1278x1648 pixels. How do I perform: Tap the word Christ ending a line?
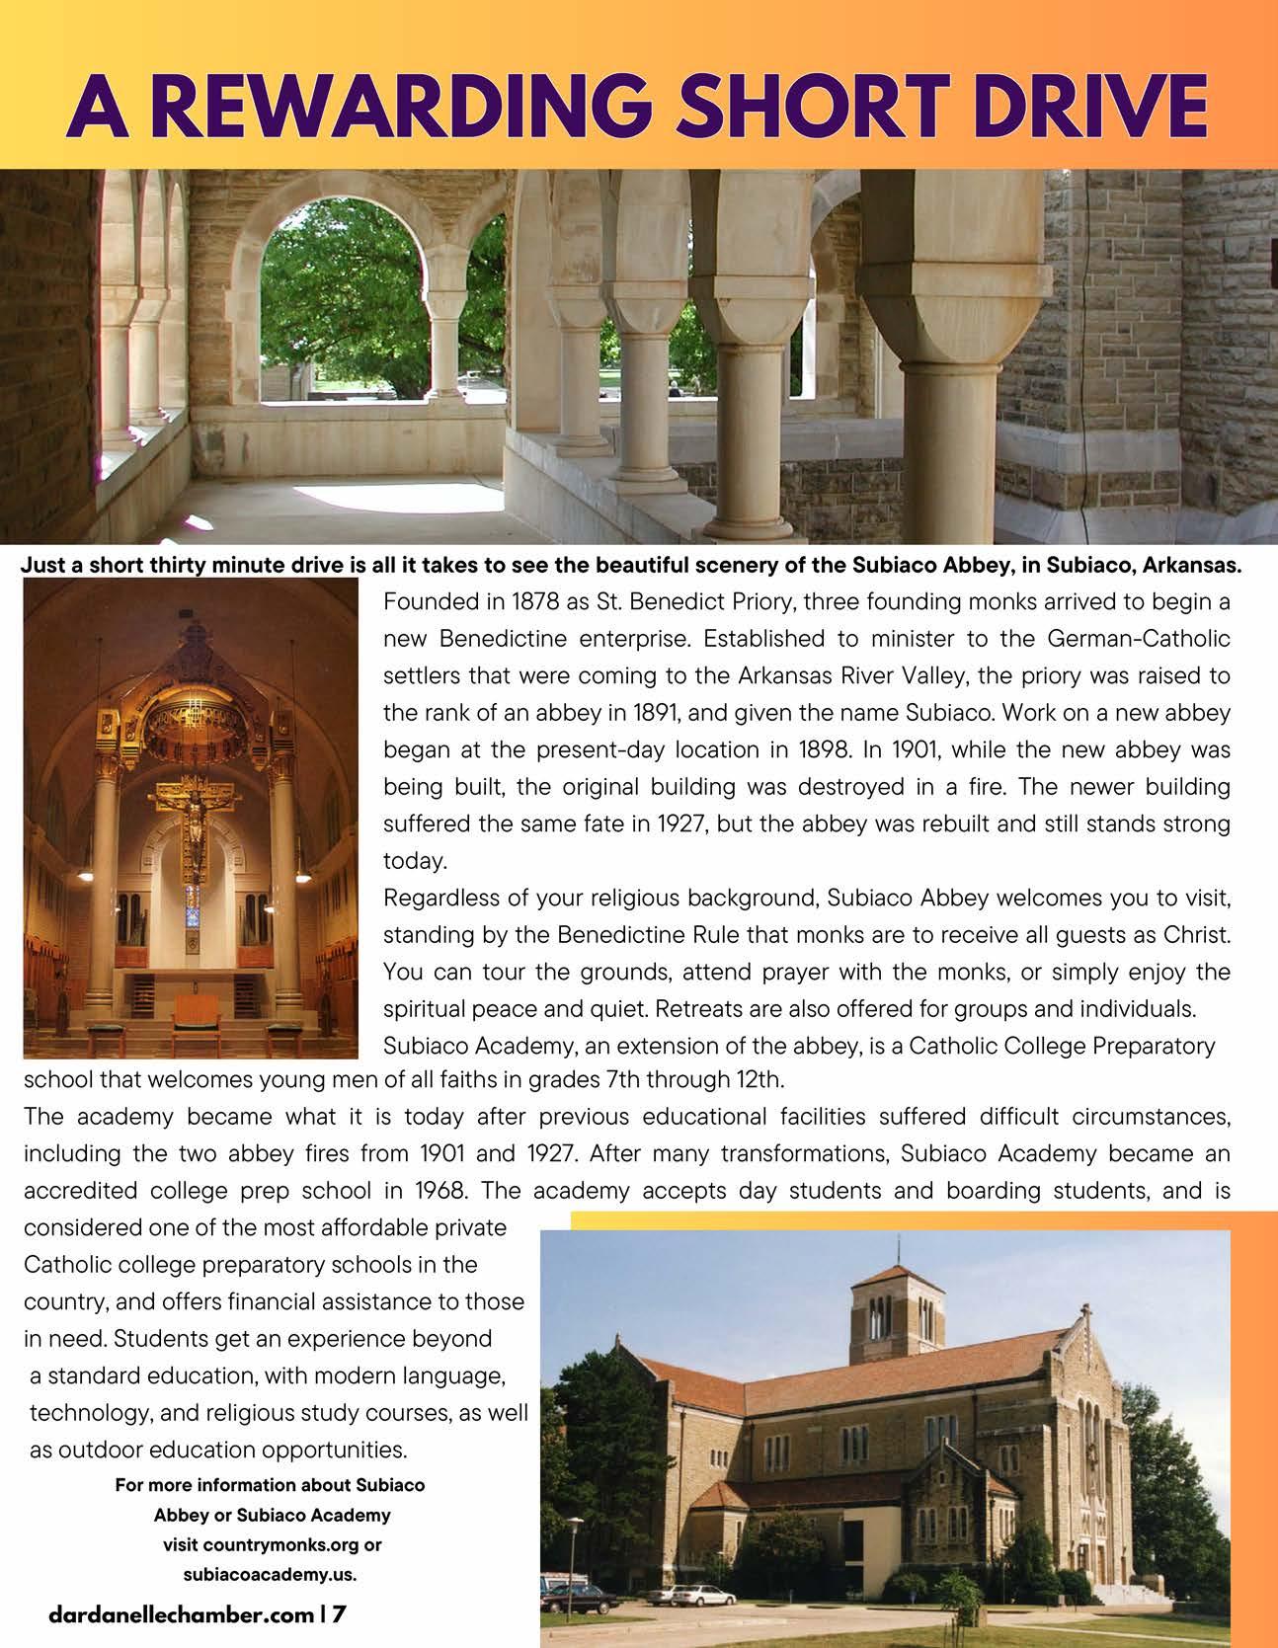(1197, 934)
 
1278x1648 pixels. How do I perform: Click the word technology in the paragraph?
(85, 1413)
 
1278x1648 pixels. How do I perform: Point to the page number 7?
(339, 1616)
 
